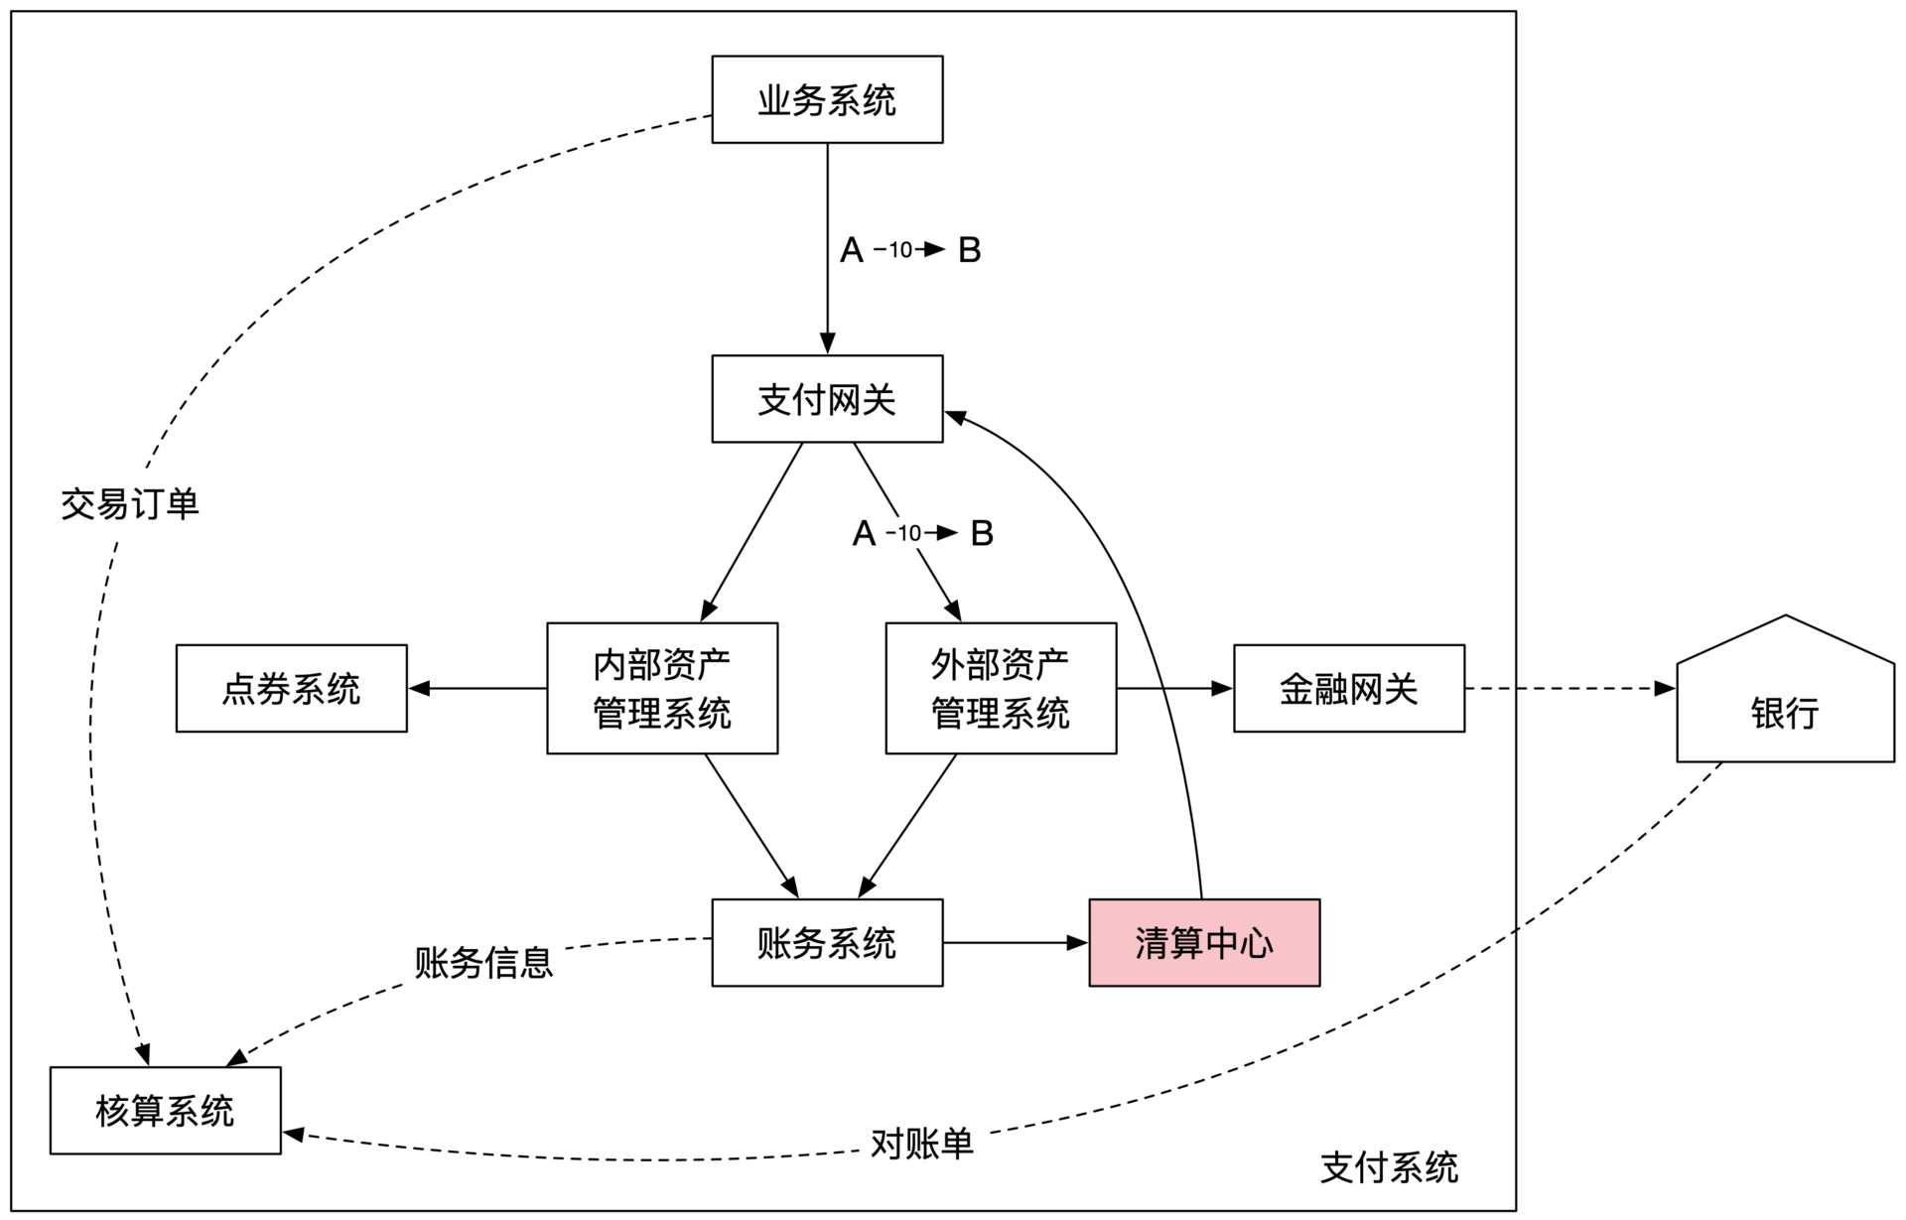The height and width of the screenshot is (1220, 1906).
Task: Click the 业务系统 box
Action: click(827, 99)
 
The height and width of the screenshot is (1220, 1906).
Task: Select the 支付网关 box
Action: click(827, 399)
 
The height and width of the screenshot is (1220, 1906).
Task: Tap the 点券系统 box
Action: click(291, 688)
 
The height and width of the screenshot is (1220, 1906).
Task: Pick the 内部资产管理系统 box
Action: click(662, 688)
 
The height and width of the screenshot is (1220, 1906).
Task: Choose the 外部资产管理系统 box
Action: click(1001, 688)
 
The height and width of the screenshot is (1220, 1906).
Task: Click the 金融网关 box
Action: click(1348, 688)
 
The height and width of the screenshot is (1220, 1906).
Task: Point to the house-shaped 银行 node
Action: click(1785, 705)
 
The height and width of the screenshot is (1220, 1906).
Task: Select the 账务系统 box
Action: click(827, 942)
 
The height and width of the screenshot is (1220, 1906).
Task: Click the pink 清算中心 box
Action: click(1204, 942)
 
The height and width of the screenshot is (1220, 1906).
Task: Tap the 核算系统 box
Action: click(165, 1110)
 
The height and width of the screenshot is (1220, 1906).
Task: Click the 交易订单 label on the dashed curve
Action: click(130, 504)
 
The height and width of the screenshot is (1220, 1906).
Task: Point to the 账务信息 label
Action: click(483, 962)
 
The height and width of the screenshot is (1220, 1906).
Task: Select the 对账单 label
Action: click(922, 1144)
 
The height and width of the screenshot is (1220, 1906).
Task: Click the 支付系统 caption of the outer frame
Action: click(1389, 1167)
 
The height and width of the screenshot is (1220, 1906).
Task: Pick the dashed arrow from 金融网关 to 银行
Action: click(1568, 688)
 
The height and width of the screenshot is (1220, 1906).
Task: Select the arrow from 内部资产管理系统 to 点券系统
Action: click(476, 688)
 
